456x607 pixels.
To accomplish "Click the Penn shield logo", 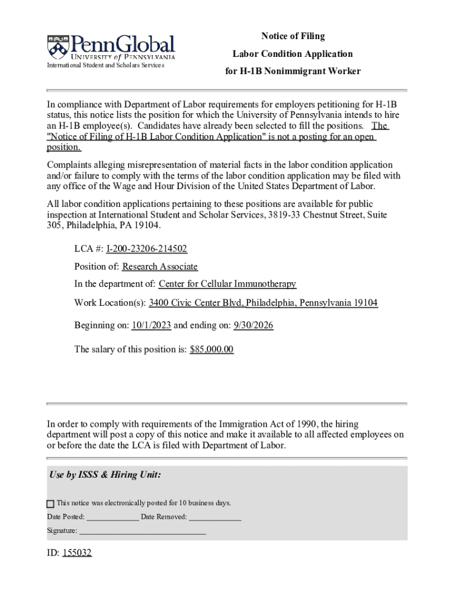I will (58, 46).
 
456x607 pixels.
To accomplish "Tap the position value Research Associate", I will (160, 267).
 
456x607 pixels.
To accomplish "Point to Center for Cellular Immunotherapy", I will (227, 284).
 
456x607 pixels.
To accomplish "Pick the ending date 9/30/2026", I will (253, 325).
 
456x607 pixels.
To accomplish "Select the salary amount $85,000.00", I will (211, 349).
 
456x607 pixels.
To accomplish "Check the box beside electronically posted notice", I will (50, 504).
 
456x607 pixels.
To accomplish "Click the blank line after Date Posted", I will (113, 517).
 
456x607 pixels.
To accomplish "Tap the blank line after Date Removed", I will (215, 517).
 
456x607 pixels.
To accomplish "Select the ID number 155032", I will (76, 553).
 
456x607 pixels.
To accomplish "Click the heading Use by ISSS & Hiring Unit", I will (104, 475).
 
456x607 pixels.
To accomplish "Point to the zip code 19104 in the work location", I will (365, 303).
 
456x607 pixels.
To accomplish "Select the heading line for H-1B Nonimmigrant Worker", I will (293, 71).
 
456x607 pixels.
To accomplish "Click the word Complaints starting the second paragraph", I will (68, 165).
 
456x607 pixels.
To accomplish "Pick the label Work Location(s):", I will (110, 303).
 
